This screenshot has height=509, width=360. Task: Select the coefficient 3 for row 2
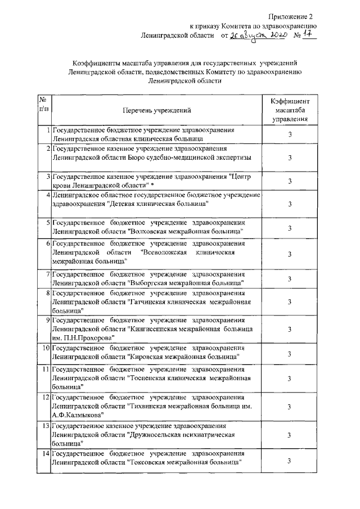(x=289, y=157)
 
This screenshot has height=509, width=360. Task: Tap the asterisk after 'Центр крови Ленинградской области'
(x=152, y=185)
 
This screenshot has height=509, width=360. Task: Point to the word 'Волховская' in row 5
(x=155, y=231)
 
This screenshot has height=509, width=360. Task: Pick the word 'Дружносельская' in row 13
(x=165, y=434)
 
